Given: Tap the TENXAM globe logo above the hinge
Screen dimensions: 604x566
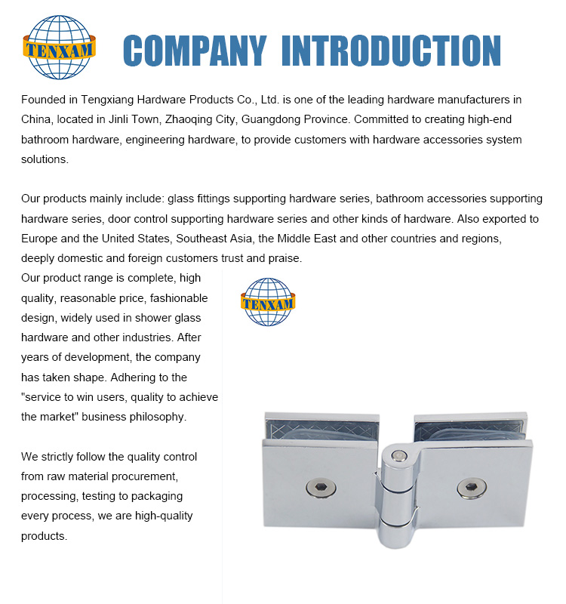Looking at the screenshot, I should click(268, 302).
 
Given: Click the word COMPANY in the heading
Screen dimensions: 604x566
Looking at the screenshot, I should click(194, 51).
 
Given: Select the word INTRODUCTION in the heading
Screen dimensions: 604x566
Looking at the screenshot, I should click(390, 51).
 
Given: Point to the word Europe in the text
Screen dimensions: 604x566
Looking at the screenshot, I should click(41, 239).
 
